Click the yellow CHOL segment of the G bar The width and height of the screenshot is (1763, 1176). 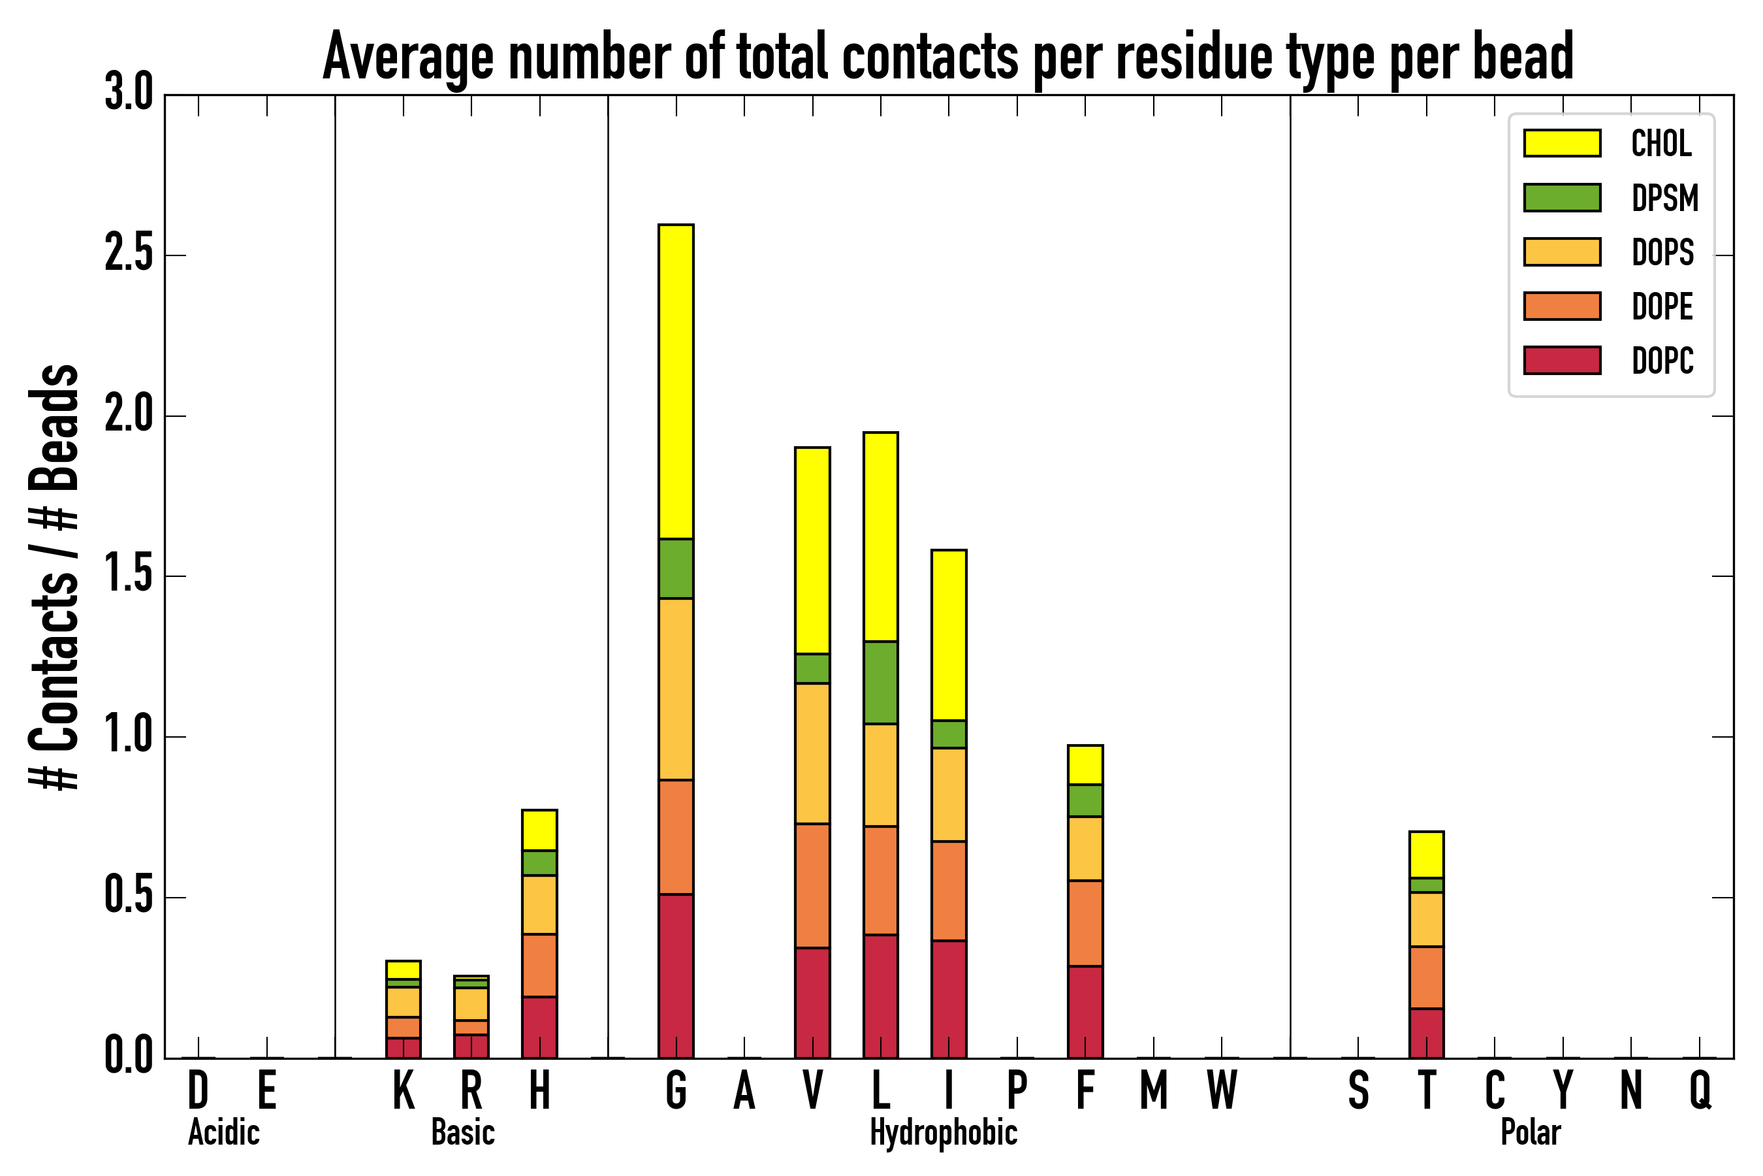click(x=675, y=381)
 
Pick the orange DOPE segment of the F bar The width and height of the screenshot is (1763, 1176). click(x=1085, y=923)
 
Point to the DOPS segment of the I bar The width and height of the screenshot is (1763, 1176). click(x=948, y=794)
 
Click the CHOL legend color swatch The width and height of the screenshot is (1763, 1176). click(x=1562, y=142)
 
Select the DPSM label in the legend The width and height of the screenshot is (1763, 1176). click(x=1665, y=198)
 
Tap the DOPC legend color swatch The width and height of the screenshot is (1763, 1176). click(x=1562, y=360)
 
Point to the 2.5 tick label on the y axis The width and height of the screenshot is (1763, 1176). click(x=128, y=255)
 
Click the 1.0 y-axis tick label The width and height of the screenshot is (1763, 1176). click(x=128, y=736)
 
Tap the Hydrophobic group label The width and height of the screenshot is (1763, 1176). click(x=943, y=1132)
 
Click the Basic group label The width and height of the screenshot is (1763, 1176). click(x=462, y=1132)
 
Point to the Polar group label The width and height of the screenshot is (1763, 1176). click(x=1530, y=1132)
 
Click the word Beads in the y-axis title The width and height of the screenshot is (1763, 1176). click(x=54, y=427)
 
